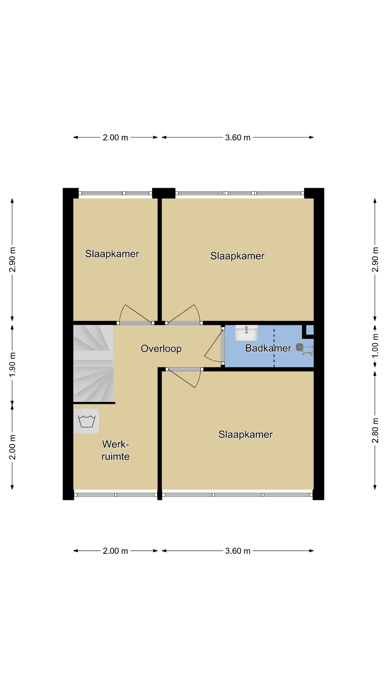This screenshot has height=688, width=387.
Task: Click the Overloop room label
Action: point(161,349)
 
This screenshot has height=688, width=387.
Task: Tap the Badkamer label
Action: point(268,348)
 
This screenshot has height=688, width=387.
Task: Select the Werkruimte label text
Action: point(115,450)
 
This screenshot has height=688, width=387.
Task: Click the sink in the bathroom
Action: point(246,333)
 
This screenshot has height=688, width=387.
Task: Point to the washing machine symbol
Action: point(86,421)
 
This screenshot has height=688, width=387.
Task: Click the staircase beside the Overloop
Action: point(94,363)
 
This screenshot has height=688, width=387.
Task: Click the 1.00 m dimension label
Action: point(375,346)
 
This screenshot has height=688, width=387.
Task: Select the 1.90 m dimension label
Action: point(12,364)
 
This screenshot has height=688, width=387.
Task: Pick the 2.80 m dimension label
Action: point(375,430)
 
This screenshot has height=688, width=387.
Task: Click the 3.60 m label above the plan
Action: point(238,138)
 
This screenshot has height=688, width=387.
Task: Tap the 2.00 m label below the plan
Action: point(115,551)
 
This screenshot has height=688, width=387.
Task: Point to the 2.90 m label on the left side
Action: point(12,259)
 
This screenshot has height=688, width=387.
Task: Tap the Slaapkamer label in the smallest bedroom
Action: point(112,254)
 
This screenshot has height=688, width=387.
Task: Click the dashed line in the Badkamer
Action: point(274,348)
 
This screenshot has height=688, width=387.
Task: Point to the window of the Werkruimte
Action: point(116,495)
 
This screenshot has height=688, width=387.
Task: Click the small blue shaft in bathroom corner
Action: point(310,330)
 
